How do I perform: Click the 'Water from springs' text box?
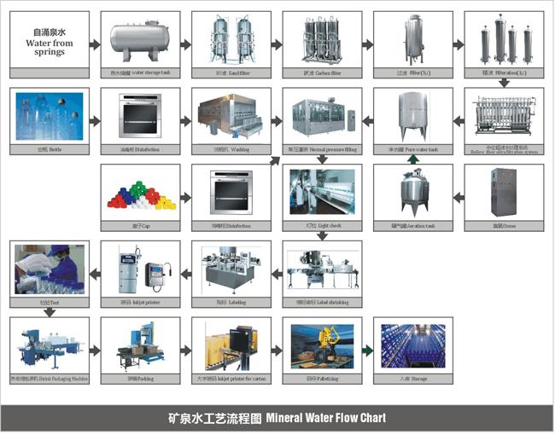(x=50, y=42)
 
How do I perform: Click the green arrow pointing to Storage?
(x=367, y=349)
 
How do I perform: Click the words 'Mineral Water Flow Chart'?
(x=325, y=419)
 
